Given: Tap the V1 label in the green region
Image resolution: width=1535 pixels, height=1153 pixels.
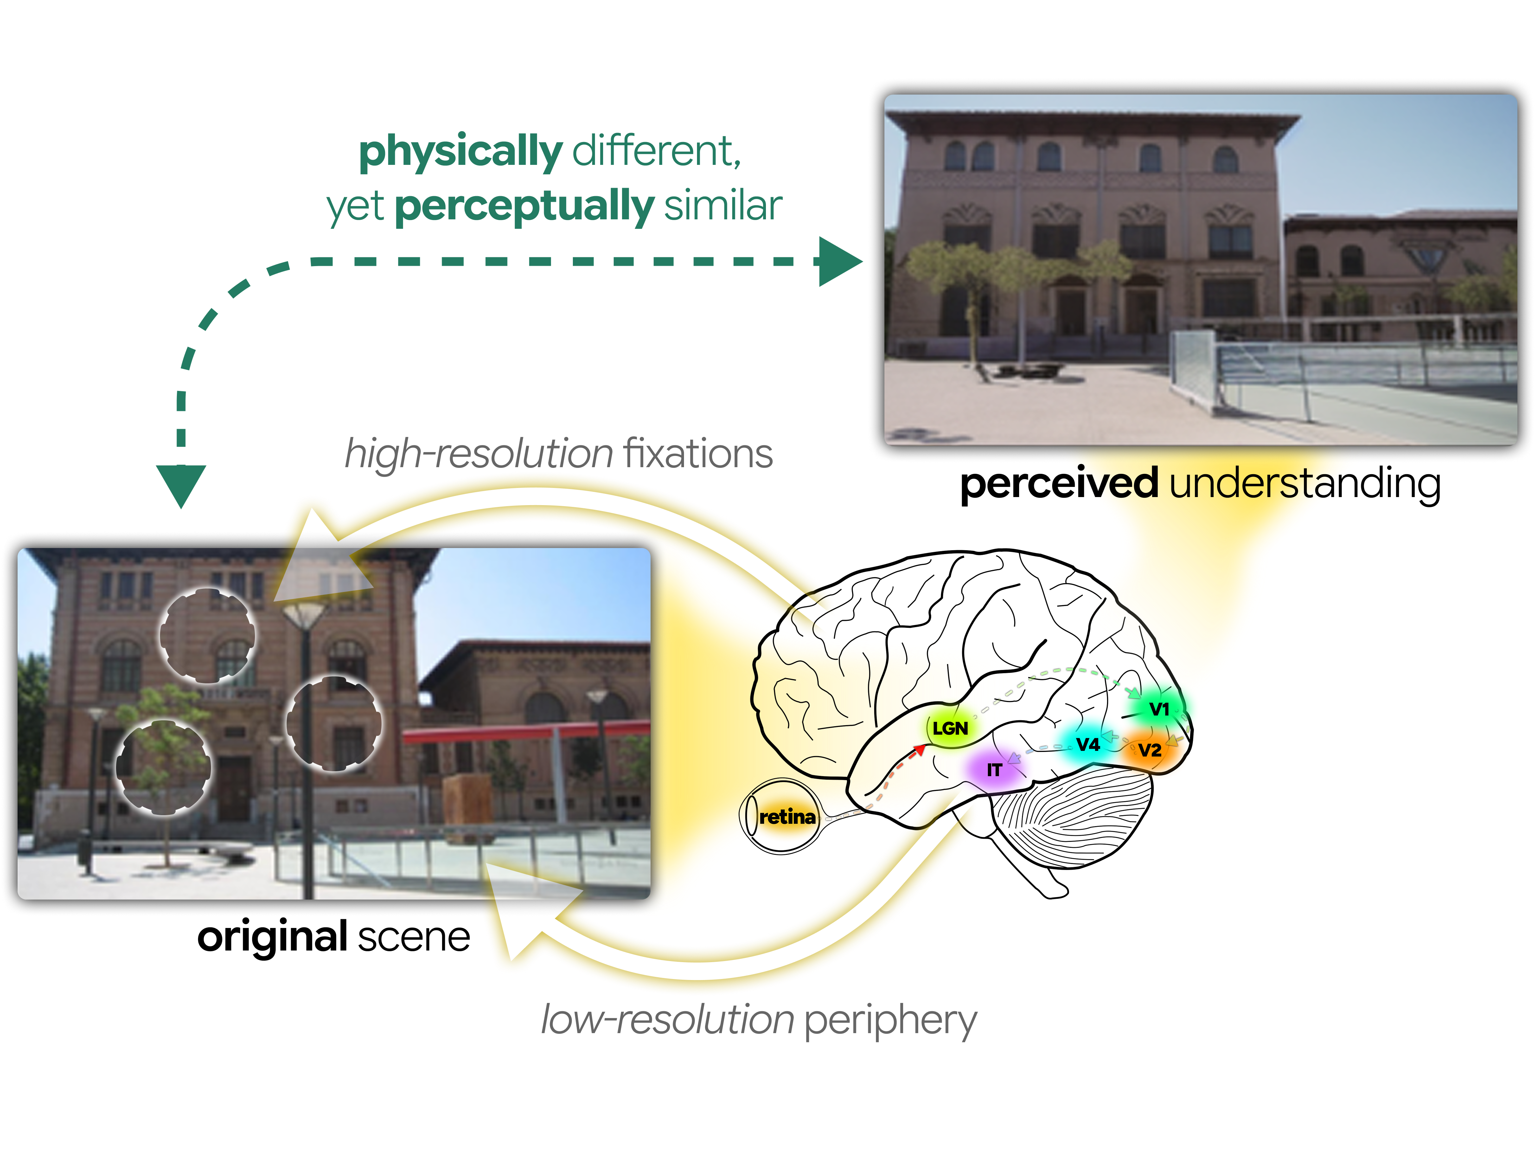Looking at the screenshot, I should pos(1159,709).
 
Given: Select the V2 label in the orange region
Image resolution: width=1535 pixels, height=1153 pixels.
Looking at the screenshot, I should pos(1149,750).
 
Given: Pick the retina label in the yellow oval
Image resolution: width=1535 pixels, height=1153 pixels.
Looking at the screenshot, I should pos(787,817).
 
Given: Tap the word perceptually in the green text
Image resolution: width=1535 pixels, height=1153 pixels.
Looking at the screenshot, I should pos(524,206).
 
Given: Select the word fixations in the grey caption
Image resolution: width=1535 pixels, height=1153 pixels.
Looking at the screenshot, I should pos(697,455).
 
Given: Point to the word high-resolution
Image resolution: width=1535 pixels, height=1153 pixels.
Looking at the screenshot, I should pos(479,455).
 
